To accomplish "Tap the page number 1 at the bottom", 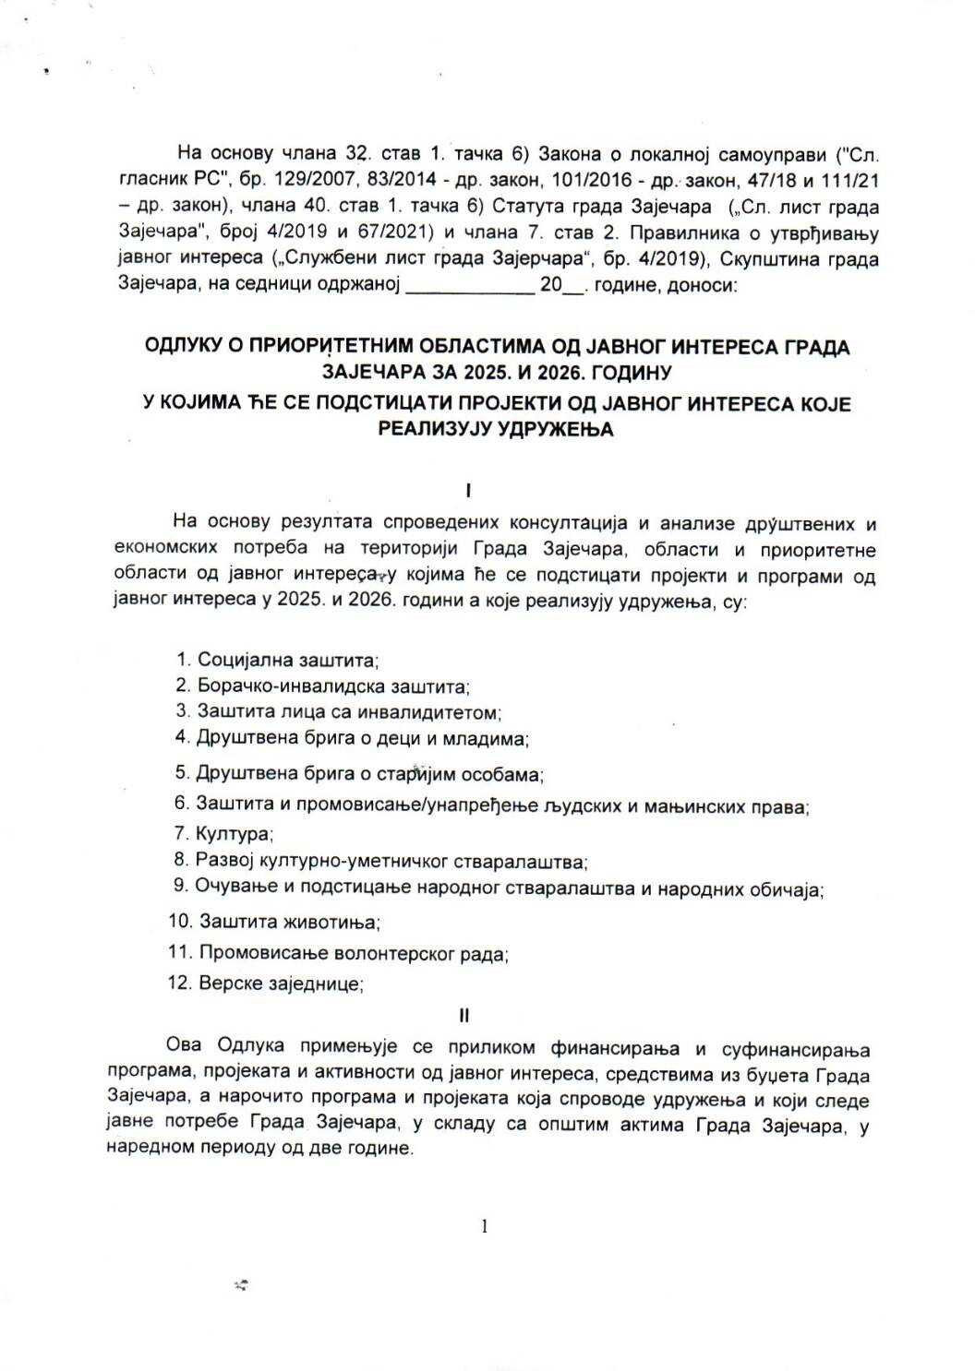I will tap(484, 1226).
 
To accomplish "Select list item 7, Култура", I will tap(223, 834).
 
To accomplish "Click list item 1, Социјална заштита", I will tap(278, 661).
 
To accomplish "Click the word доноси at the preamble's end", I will tap(706, 286).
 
